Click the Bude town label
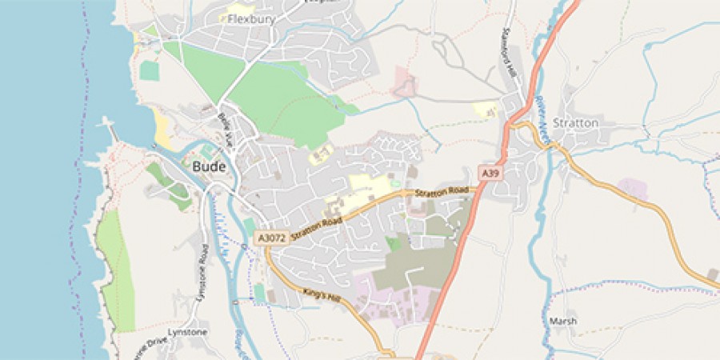(210, 167)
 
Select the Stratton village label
(575, 123)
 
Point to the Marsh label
(562, 322)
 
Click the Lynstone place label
(187, 332)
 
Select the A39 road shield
(490, 173)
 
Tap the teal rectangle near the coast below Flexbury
(150, 70)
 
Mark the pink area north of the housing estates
(405, 82)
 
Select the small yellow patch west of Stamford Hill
(485, 110)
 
